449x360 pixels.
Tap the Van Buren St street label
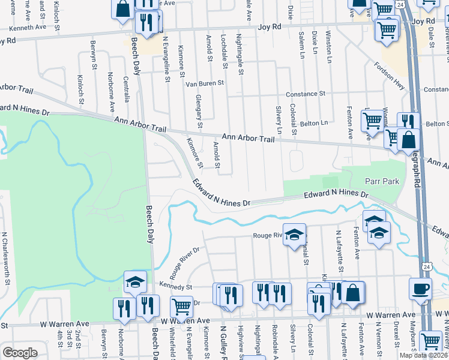(204, 83)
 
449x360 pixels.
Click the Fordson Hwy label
(387, 74)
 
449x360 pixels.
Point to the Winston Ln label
(328, 48)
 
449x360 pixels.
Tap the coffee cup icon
(420, 289)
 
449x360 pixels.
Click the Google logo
(20, 353)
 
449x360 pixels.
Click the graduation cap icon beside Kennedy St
(135, 281)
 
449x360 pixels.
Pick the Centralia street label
(126, 87)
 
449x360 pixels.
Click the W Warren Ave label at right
(391, 314)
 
